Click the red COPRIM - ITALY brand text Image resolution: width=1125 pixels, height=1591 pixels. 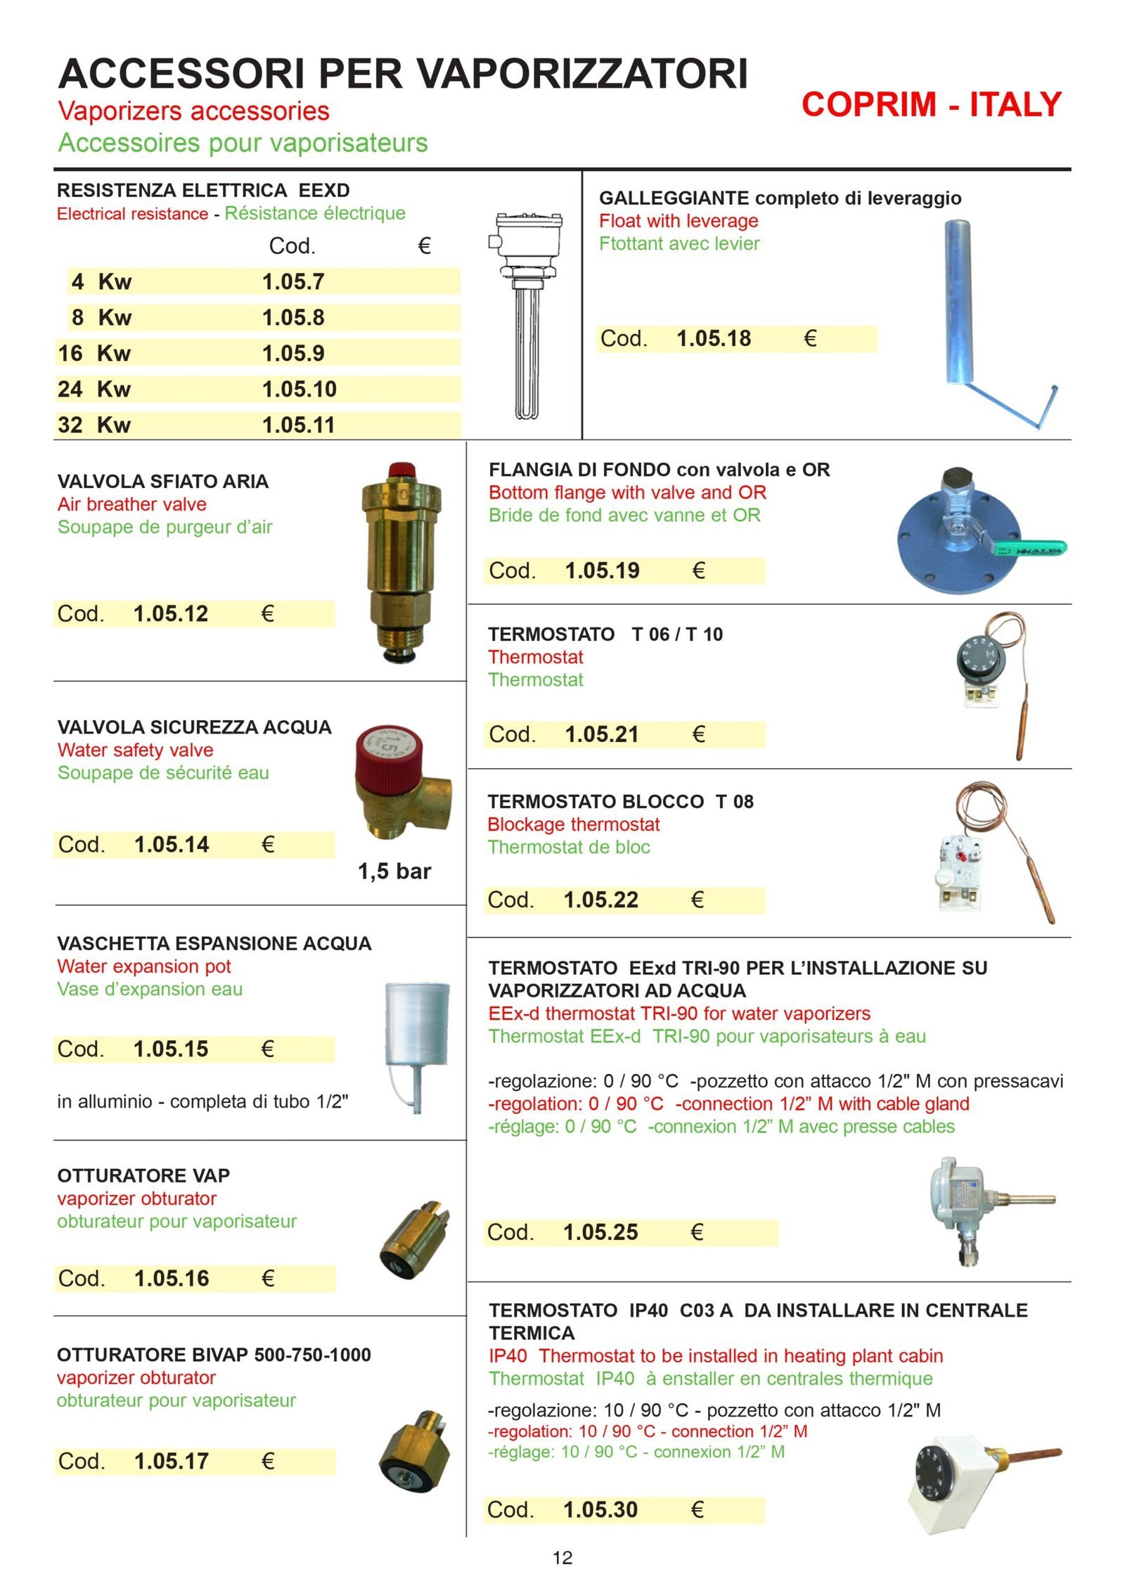click(930, 105)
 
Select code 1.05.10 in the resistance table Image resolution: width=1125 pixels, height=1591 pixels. click(299, 389)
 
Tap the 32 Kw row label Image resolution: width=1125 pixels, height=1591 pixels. click(94, 425)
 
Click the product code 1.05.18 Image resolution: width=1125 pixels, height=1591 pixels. click(713, 339)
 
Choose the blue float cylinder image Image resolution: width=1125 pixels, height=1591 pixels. click(958, 302)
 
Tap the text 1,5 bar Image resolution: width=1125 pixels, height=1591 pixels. click(394, 871)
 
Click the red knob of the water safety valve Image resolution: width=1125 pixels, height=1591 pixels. click(388, 754)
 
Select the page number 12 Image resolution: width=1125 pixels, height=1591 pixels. click(562, 1558)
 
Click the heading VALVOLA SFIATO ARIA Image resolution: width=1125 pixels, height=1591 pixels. click(162, 482)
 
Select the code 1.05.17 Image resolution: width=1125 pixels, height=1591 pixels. click(172, 1462)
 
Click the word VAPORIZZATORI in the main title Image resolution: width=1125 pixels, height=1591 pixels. click(584, 73)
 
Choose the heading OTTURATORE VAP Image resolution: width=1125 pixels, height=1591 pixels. click(143, 1176)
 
